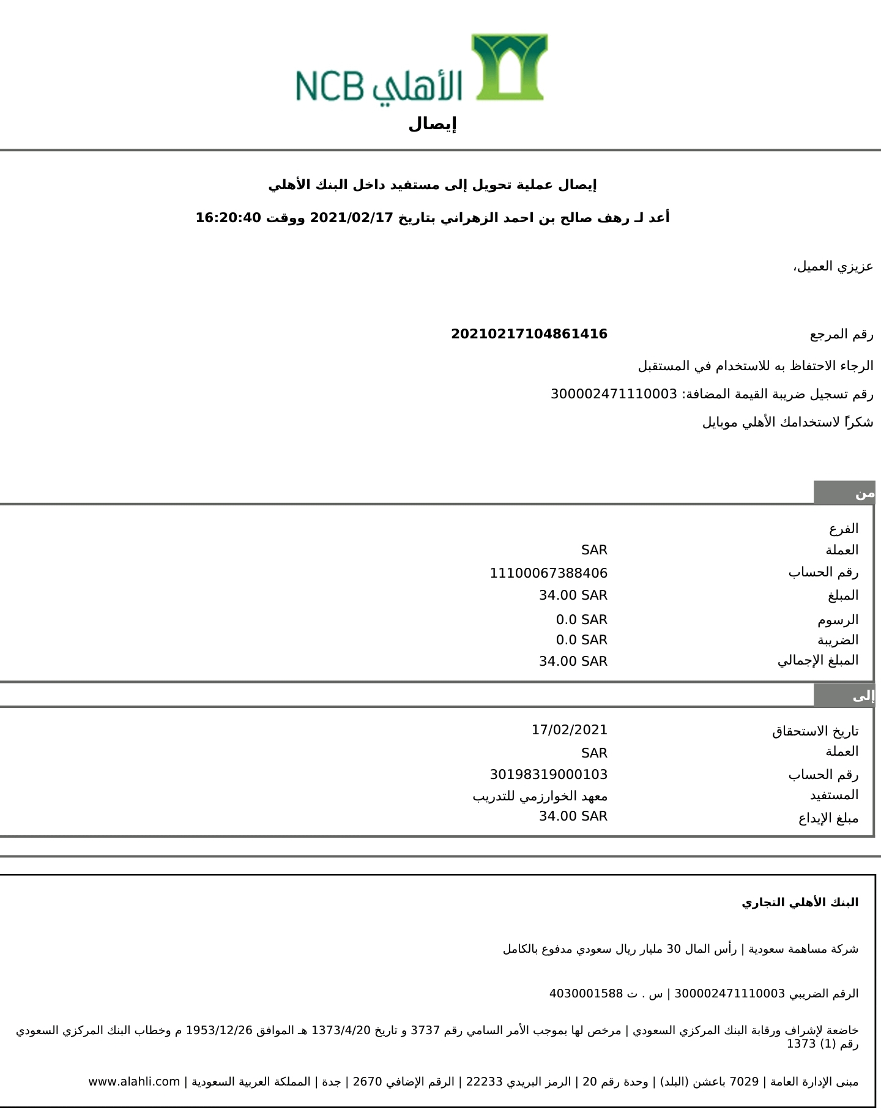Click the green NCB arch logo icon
click(509, 67)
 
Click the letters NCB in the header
click(330, 86)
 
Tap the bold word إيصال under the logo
click(433, 124)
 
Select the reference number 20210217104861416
click(529, 334)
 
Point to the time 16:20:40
click(228, 218)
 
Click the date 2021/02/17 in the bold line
click(351, 218)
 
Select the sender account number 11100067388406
click(548, 573)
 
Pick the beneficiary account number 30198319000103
click(548, 775)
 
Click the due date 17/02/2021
click(569, 730)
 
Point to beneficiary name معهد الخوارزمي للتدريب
click(540, 796)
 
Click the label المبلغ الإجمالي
click(817, 661)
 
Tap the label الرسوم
click(838, 620)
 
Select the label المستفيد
click(834, 795)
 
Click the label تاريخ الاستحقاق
click(815, 731)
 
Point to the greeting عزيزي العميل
click(833, 267)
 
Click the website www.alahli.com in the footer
click(134, 1082)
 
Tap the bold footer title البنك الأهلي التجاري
click(800, 903)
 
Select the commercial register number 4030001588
click(585, 994)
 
